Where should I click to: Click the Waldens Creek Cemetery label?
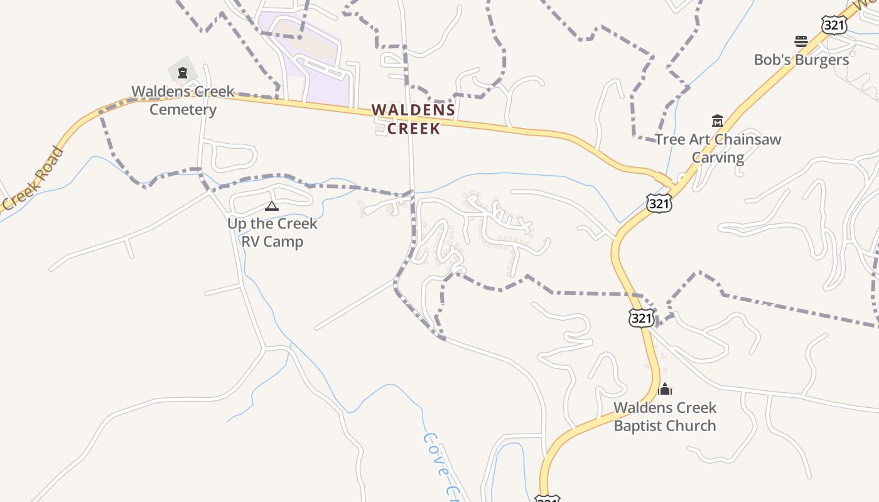(x=183, y=100)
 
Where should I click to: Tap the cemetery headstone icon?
(x=183, y=73)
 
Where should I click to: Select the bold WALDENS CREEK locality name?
(x=413, y=119)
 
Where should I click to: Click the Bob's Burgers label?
(x=801, y=60)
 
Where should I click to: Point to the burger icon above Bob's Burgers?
(x=801, y=41)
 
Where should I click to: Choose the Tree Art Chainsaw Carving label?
(x=718, y=148)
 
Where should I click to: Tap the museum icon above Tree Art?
(x=717, y=120)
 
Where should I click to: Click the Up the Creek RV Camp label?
(x=272, y=232)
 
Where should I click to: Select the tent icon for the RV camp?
(x=271, y=206)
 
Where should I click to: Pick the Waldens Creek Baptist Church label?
(x=665, y=416)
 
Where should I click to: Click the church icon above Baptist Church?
(x=664, y=389)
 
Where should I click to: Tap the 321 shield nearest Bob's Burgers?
(x=833, y=25)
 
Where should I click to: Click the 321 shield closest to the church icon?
(x=641, y=318)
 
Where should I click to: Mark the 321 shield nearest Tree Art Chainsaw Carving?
(x=659, y=203)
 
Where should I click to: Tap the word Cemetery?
(x=183, y=110)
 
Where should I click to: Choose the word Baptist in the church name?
(x=638, y=425)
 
